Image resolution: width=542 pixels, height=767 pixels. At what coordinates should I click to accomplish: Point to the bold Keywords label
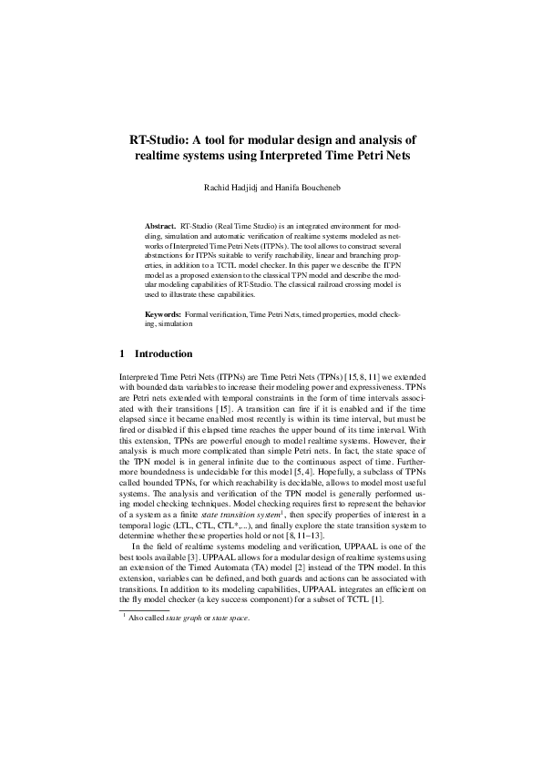pos(165,313)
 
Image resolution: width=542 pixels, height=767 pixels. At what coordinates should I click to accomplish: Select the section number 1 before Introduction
pos(123,353)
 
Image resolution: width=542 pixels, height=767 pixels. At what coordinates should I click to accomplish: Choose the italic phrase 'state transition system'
pos(221,515)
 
